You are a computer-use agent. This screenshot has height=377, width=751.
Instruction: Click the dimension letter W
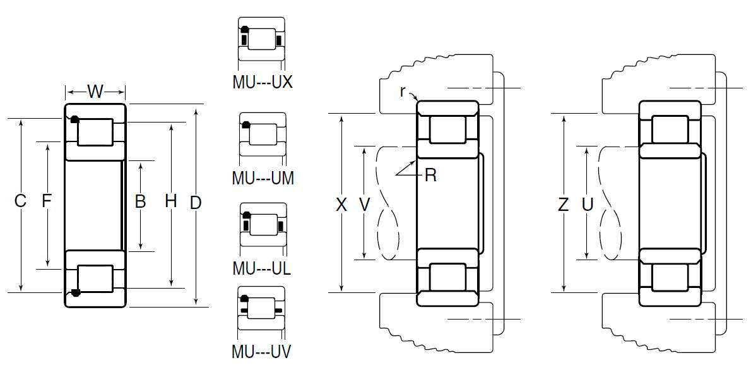coord(95,92)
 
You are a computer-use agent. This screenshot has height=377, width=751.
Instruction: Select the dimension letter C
coord(21,202)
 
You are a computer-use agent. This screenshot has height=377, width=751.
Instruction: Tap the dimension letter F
coord(47,202)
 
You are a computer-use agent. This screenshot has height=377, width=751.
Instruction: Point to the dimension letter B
coord(140,202)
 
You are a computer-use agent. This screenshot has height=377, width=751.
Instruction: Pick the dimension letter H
coord(170,202)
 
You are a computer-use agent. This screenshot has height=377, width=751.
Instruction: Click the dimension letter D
coord(196,203)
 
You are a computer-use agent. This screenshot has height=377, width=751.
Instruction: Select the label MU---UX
coord(262,82)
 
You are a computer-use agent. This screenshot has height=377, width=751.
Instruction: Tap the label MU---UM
coord(263,178)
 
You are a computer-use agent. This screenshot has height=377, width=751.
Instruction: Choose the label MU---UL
coord(261,268)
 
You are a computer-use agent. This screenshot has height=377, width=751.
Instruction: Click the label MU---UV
coord(261,352)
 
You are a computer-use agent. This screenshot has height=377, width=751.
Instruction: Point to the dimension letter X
coord(341,205)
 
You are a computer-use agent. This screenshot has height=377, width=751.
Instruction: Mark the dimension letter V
coord(364,205)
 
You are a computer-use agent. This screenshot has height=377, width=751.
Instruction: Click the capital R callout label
coord(430,176)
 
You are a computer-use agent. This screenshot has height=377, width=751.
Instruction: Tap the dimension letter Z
coord(564,205)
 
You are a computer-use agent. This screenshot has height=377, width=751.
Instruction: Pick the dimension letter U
coord(588,205)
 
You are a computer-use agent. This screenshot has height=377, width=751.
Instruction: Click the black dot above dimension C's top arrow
coord(74,119)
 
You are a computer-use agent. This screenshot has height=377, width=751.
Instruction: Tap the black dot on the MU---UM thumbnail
coord(246,124)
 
